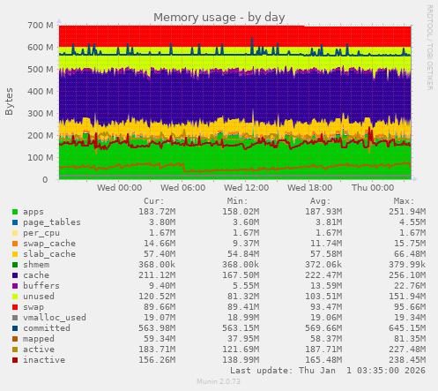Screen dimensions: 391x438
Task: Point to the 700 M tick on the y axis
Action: [38, 26]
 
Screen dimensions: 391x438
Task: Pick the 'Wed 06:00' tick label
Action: [183, 188]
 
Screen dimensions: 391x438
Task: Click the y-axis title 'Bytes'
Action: [10, 102]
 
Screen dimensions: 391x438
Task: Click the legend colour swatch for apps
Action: [15, 212]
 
